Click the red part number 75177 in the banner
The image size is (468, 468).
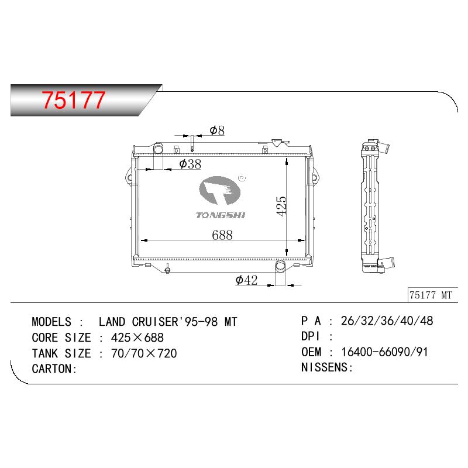74,99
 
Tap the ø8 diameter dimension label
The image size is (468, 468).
217,130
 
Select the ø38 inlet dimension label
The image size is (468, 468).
191,164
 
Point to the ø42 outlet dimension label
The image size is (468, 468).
246,280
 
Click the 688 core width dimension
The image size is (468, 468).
222,235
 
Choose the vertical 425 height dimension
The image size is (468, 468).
281,206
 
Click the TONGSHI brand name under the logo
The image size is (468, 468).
221,215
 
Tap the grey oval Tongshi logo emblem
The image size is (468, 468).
220,191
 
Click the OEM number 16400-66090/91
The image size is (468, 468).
384,352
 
